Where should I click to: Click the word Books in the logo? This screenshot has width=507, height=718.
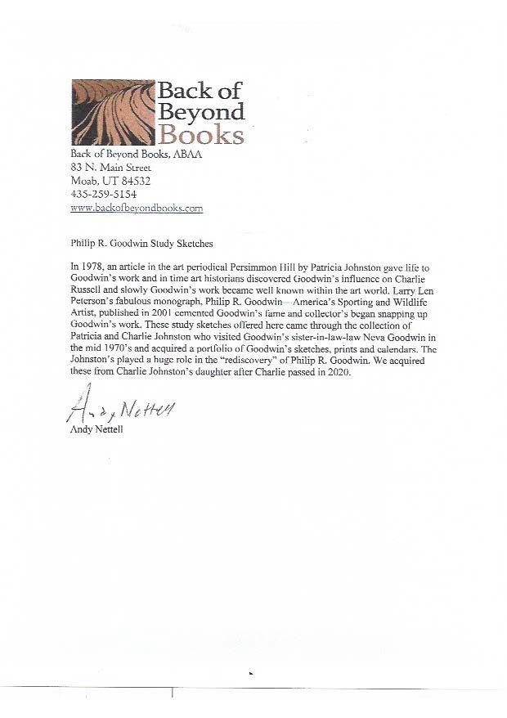(x=200, y=133)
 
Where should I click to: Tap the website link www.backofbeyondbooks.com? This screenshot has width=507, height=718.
(x=137, y=208)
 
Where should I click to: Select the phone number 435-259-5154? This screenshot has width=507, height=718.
(x=102, y=195)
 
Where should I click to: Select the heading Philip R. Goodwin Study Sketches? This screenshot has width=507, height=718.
(x=141, y=243)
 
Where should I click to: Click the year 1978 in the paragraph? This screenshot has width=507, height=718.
(x=95, y=267)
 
